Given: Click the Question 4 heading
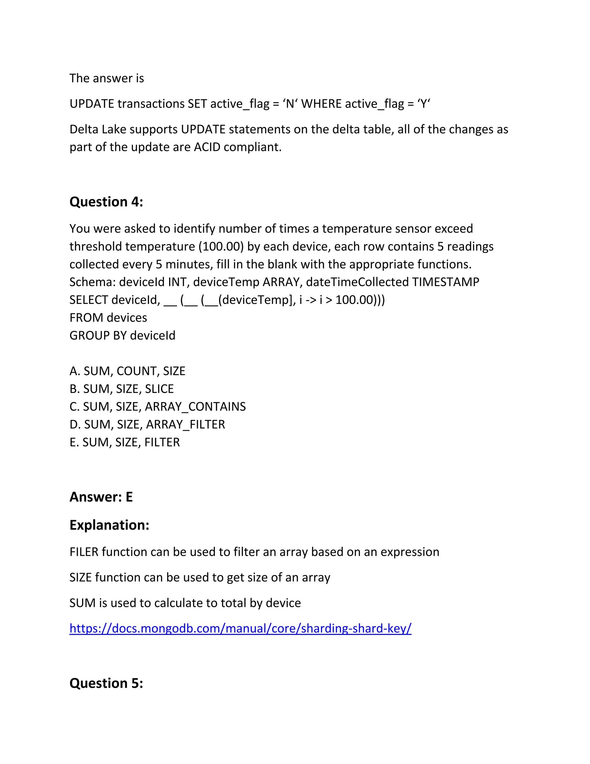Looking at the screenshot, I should pyautogui.click(x=106, y=202).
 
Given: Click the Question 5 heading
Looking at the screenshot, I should pyautogui.click(x=106, y=683).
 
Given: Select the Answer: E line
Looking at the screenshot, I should pyautogui.click(x=101, y=497).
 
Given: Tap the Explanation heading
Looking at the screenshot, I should pyautogui.click(x=109, y=525).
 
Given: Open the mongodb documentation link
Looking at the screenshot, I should pyautogui.click(x=241, y=628).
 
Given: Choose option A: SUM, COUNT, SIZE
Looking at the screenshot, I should pyautogui.click(x=127, y=371).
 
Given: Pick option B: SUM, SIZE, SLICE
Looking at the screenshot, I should pyautogui.click(x=122, y=389).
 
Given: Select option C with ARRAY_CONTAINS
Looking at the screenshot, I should pyautogui.click(x=158, y=407).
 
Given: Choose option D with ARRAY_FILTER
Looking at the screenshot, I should pyautogui.click(x=147, y=424).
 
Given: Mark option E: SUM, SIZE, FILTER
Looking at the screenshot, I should pyautogui.click(x=124, y=442).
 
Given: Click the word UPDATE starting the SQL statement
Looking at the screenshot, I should pyautogui.click(x=92, y=104).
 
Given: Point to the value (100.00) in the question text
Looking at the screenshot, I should pyautogui.click(x=221, y=246).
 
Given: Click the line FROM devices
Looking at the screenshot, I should pyautogui.click(x=108, y=318).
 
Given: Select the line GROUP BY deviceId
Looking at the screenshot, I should pyautogui.click(x=122, y=336).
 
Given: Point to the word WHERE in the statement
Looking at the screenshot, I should pyautogui.click(x=321, y=104).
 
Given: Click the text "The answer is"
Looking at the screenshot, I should pyautogui.click(x=107, y=78).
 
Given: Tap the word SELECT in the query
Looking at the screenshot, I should pyautogui.click(x=89, y=300).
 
